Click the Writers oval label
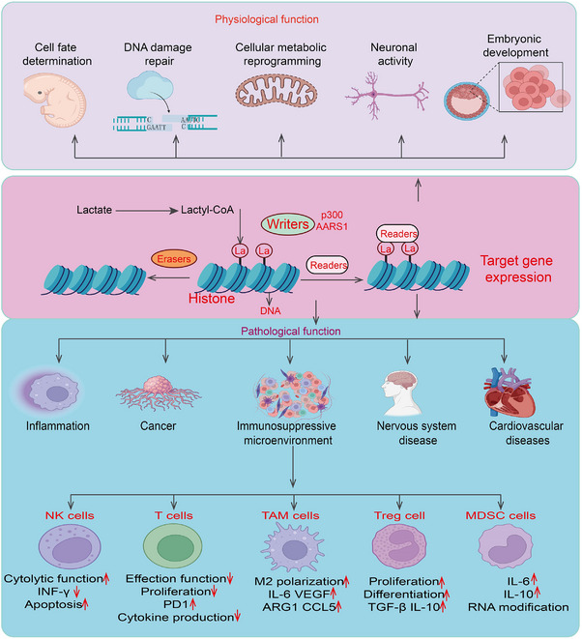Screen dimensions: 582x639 [288, 224]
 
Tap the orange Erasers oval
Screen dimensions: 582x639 [174, 259]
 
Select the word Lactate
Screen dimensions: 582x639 [94, 210]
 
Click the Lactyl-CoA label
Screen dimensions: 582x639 [208, 210]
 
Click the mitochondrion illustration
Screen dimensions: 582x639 [276, 91]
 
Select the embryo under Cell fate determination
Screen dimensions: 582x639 [54, 101]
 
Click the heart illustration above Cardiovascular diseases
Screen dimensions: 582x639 [509, 392]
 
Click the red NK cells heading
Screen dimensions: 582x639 [70, 515]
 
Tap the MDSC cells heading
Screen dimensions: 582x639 [501, 515]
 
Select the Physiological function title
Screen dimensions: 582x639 [267, 19]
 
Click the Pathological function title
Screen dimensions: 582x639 [291, 331]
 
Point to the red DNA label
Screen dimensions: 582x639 [271, 311]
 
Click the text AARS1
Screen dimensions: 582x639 [332, 226]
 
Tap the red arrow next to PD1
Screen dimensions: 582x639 [192, 603]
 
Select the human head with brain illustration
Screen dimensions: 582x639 [399, 392]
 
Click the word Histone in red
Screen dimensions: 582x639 [212, 299]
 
